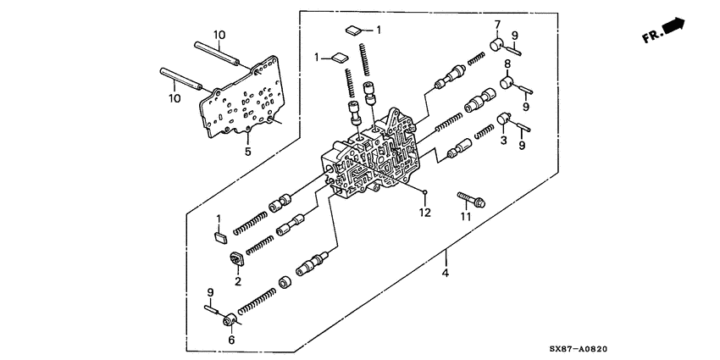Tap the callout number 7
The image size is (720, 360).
tap(497, 25)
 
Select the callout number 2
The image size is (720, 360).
tap(238, 280)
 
